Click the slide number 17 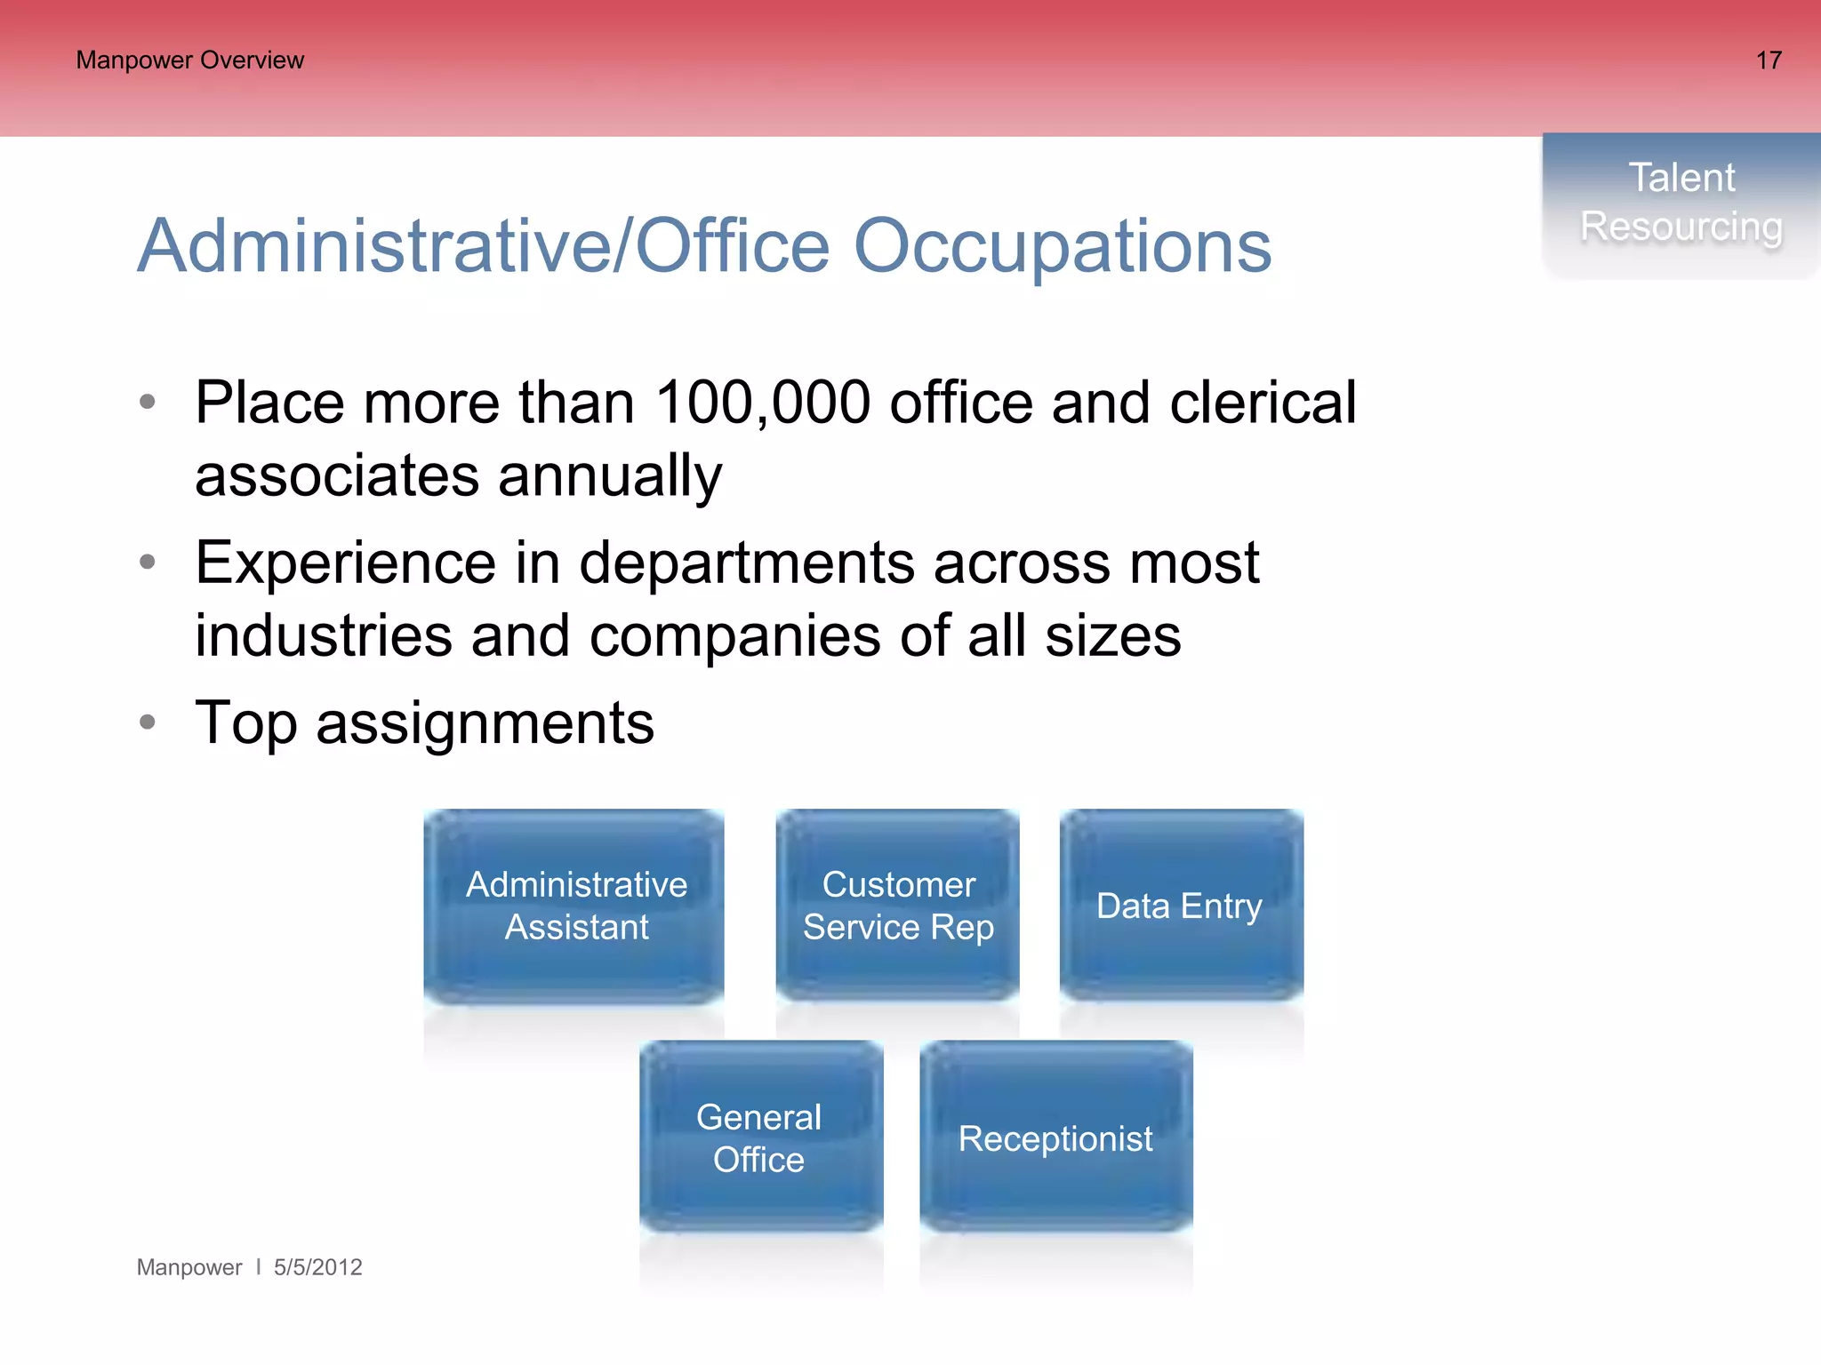(1768, 60)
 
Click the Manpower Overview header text (189, 60)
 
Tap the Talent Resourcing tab (1681, 203)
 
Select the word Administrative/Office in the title (484, 246)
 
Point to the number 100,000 (762, 403)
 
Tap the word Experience (345, 563)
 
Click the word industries (324, 635)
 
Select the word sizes (1113, 635)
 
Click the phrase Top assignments (424, 722)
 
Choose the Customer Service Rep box (897, 906)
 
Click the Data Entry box (1181, 906)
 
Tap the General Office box (760, 1137)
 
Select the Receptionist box (1055, 1137)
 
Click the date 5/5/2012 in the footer (317, 1267)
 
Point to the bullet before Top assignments (148, 722)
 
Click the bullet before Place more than (148, 402)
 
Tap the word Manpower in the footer (189, 1267)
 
